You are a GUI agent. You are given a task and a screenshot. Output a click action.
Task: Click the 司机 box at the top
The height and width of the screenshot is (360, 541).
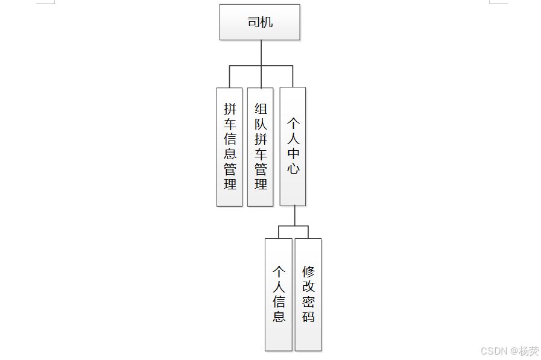tap(259, 22)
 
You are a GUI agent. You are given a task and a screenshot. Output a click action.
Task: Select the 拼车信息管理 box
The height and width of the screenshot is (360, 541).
tap(230, 147)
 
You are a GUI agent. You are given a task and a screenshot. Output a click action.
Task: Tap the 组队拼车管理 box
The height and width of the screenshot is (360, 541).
tap(261, 147)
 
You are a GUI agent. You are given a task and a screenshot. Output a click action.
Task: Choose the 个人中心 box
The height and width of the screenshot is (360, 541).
tap(293, 147)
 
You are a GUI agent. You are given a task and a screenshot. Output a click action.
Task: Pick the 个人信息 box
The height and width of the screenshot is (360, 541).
tap(278, 294)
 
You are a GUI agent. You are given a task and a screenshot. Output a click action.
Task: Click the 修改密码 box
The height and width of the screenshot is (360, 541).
tap(308, 294)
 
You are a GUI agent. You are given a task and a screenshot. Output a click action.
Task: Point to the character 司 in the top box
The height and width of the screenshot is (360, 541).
tap(253, 22)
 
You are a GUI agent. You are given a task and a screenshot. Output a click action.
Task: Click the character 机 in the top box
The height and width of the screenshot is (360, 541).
tap(267, 22)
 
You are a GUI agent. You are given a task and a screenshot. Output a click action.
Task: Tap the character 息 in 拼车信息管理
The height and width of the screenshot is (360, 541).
tap(230, 154)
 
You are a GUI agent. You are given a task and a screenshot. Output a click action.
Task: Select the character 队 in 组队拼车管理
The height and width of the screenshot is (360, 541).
tap(261, 124)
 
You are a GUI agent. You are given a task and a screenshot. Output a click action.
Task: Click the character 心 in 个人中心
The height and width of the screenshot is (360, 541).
tap(293, 168)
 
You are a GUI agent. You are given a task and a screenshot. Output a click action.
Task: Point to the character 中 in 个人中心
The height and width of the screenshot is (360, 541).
tap(293, 153)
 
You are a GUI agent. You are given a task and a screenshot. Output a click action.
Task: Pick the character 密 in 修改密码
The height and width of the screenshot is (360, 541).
tap(309, 302)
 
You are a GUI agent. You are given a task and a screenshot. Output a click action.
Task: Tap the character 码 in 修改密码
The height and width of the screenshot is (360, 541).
tap(309, 317)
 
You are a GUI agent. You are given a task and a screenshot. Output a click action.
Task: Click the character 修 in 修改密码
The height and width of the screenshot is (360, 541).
tap(309, 271)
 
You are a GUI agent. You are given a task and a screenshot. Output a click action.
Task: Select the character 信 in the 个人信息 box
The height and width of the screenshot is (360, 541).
tap(279, 302)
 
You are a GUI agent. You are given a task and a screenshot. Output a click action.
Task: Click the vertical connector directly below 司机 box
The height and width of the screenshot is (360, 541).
tap(261, 52)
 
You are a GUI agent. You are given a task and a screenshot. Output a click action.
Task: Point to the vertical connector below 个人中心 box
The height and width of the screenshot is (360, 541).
tap(294, 215)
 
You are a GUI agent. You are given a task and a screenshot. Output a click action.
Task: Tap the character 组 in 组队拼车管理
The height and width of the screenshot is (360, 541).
tap(261, 109)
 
